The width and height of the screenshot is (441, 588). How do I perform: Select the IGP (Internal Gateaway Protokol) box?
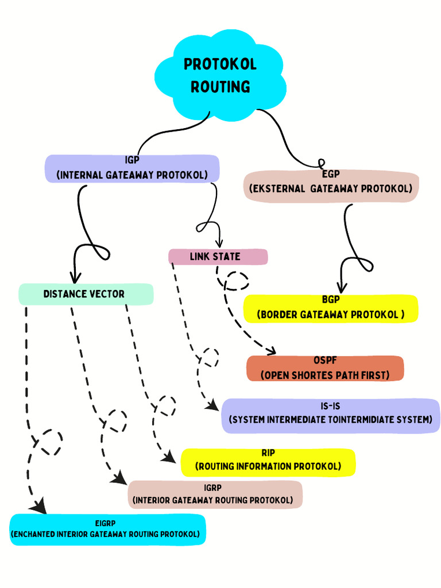132,168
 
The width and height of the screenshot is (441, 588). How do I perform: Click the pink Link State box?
218,257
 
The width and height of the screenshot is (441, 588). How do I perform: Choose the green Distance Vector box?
86,294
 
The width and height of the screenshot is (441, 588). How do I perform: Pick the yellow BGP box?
331,308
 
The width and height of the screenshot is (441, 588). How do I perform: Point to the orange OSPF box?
325,368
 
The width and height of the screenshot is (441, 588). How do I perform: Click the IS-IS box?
331,415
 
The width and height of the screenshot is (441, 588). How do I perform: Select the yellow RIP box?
268,462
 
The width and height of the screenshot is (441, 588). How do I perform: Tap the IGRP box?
214,494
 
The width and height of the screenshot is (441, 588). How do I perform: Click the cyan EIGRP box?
107,529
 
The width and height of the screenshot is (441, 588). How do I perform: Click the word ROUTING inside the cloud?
220,87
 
